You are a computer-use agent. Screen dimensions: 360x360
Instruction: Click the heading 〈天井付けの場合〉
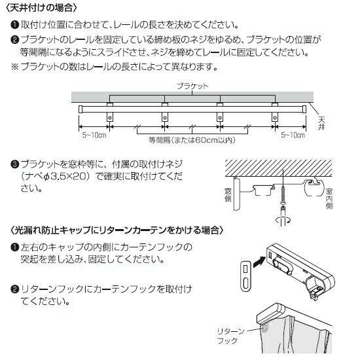41,8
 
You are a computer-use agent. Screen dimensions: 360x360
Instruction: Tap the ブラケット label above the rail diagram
192,86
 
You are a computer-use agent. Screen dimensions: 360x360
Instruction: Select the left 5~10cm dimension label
94,135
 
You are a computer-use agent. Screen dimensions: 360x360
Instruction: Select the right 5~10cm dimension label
293,135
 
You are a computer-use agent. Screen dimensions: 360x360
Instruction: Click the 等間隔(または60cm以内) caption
192,140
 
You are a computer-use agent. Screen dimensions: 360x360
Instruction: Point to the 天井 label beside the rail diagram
321,123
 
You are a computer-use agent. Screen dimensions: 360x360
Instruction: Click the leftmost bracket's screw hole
110,118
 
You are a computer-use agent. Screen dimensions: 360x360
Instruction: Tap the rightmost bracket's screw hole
275,118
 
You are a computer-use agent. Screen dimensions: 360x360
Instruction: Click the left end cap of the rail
81,109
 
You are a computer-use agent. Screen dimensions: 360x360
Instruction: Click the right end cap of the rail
304,109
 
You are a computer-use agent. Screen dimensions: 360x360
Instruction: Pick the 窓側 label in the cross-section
228,195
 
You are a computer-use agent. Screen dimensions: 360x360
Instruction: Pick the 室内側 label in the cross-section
329,198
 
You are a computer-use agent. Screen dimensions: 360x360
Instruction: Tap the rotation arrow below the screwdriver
283,220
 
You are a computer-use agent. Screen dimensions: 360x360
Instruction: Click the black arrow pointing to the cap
259,262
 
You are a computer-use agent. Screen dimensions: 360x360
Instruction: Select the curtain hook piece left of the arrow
245,276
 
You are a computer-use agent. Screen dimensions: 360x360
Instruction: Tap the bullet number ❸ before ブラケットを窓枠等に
15,164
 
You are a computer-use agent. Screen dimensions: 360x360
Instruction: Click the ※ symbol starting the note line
15,67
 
